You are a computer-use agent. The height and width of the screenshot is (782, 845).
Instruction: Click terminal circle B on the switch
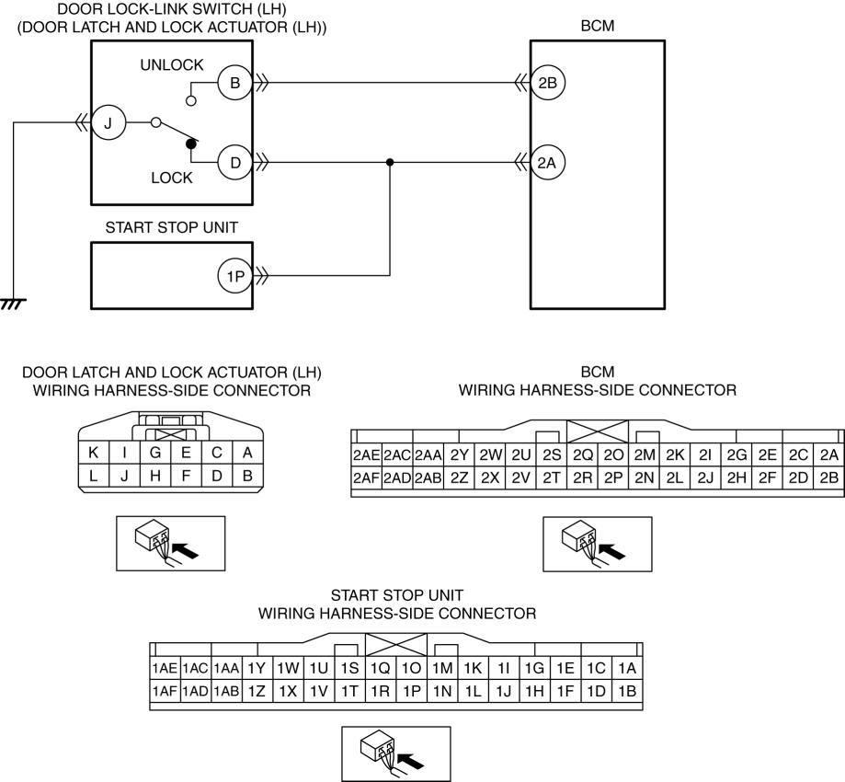[x=235, y=83]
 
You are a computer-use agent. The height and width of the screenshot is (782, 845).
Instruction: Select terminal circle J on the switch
[x=108, y=123]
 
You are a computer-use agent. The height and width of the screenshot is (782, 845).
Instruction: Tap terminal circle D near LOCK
[x=235, y=162]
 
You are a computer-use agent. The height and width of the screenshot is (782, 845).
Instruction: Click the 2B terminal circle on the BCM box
[x=547, y=83]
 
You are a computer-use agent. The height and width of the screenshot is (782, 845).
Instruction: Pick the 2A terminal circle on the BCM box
[x=547, y=162]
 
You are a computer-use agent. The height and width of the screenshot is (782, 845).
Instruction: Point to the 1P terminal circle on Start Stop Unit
[x=235, y=276]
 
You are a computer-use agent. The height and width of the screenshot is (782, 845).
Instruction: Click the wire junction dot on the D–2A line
[x=390, y=162]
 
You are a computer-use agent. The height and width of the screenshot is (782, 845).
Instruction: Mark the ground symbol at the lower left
[x=13, y=305]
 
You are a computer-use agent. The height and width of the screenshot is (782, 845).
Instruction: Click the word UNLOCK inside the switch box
[x=172, y=65]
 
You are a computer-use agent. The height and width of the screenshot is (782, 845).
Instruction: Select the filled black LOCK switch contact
[x=190, y=144]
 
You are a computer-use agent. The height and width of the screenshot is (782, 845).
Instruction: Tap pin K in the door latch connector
[x=93, y=453]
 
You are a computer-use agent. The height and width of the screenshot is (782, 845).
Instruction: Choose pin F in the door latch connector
[x=186, y=477]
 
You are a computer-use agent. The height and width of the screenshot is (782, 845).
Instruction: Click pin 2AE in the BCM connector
[x=367, y=455]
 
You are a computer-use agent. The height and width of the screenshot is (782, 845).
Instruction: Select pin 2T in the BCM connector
[x=552, y=477]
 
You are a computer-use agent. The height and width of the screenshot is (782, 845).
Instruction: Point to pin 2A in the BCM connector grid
[x=828, y=455]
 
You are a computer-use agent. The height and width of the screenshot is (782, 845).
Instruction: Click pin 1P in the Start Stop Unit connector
[x=412, y=691]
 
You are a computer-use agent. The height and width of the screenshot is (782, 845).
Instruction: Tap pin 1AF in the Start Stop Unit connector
[x=165, y=691]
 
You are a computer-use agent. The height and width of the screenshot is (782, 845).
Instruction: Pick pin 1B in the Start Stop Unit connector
[x=627, y=691]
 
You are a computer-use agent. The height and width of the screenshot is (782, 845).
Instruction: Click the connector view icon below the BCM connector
[x=597, y=544]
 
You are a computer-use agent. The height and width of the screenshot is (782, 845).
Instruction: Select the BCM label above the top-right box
[x=597, y=26]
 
